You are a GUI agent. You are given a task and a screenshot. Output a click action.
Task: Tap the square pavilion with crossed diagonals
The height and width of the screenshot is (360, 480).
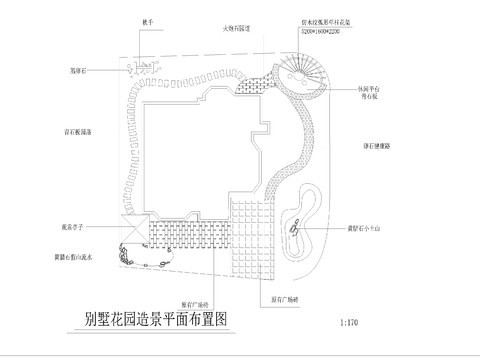(x=132, y=231)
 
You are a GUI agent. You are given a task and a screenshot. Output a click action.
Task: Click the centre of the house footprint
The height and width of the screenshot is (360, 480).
(x=200, y=150)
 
